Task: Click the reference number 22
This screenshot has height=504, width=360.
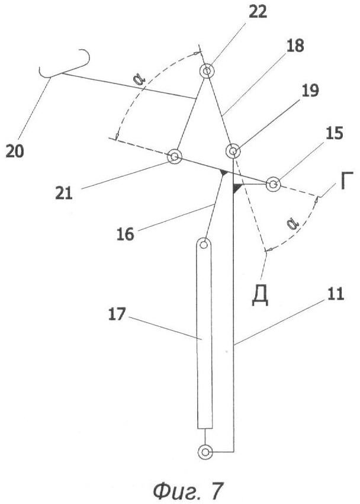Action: tap(258, 12)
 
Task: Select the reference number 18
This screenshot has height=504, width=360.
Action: tap(294, 46)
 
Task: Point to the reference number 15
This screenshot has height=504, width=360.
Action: tap(335, 133)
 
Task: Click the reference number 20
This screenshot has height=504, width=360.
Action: tap(15, 151)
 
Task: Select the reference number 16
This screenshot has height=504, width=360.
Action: tap(126, 234)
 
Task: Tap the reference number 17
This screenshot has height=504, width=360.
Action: tap(117, 314)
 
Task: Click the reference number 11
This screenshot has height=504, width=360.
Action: tap(336, 294)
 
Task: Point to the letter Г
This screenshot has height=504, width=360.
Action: tap(346, 181)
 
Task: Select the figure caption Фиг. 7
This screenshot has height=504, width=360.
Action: tap(187, 491)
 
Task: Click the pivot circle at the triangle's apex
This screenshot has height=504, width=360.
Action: tap(207, 70)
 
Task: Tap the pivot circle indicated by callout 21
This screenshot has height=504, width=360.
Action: tap(175, 157)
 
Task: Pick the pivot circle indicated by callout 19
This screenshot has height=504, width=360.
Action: tap(233, 151)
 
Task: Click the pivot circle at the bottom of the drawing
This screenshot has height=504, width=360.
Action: tap(205, 452)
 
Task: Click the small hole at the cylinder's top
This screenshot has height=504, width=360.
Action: tap(204, 245)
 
